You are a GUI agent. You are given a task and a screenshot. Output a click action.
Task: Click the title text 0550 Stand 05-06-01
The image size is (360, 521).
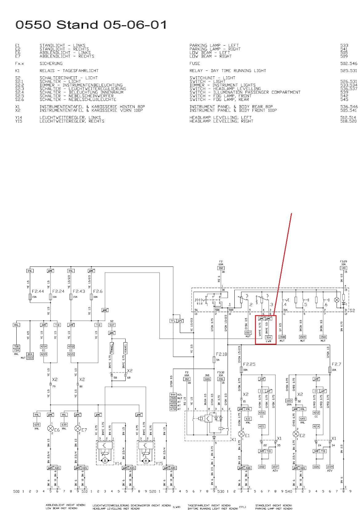coord(91,25)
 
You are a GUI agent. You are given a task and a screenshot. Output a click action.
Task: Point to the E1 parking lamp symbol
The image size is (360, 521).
coord(242,434)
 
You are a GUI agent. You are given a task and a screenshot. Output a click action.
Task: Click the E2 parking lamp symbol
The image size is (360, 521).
coord(296,434)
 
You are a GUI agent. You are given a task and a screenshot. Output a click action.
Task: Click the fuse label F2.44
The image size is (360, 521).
coord(38,291)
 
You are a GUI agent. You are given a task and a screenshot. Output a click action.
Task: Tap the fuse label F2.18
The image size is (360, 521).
coord(221,354)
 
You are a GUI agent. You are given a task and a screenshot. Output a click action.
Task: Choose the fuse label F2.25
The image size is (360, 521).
coord(249,364)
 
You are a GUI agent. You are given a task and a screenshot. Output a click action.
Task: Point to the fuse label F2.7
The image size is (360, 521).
coord(336,364)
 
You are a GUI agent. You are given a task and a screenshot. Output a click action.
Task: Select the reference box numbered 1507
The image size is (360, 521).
coord(248,332)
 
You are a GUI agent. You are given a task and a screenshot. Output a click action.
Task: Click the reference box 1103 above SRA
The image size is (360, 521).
coord(289,401)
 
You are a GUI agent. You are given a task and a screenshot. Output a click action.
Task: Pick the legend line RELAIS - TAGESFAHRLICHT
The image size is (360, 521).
coord(69,70)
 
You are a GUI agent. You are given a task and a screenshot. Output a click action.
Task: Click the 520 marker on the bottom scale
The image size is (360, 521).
coord(153,491)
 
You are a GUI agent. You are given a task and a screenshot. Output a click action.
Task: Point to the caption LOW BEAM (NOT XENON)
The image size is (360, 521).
coord(62,508)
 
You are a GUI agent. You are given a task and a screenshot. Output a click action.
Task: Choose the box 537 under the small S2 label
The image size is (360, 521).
coord(112,325)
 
